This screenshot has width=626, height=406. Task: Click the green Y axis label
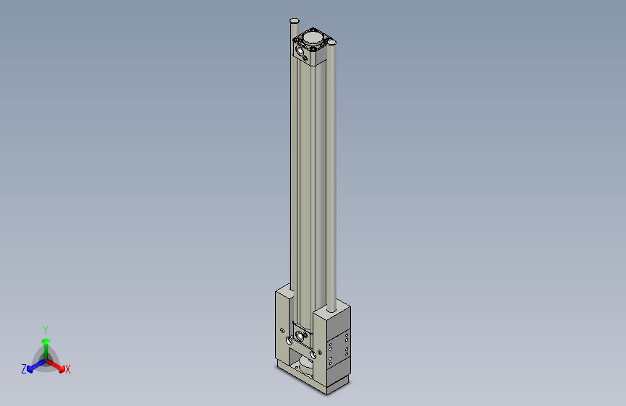pos(45,329)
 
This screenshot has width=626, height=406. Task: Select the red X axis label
pos(68,370)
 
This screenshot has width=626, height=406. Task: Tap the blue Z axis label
pos(24,369)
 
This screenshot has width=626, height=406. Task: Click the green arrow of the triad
pos(45,342)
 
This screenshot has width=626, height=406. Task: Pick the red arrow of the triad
pos(58,366)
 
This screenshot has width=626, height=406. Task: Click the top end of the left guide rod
pos(294,20)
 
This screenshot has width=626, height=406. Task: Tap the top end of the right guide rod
pos(332,43)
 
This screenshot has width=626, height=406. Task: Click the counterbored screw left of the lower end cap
pos(290,339)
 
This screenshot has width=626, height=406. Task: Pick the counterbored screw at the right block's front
pos(315,353)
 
